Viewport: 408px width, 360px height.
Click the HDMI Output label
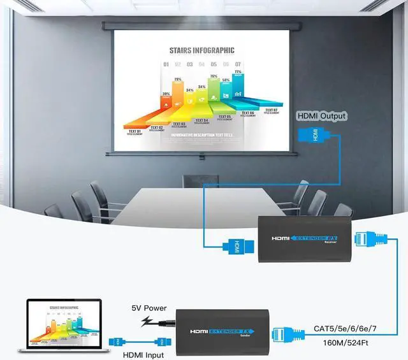(322, 116)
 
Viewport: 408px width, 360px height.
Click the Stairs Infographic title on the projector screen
(201, 50)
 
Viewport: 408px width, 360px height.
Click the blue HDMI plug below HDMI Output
(315, 136)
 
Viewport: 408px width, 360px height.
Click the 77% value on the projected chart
(238, 72)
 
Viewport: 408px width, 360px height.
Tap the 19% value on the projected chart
(178, 80)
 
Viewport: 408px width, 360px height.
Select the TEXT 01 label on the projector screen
(135, 130)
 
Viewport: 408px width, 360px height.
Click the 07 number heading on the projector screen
(238, 64)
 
